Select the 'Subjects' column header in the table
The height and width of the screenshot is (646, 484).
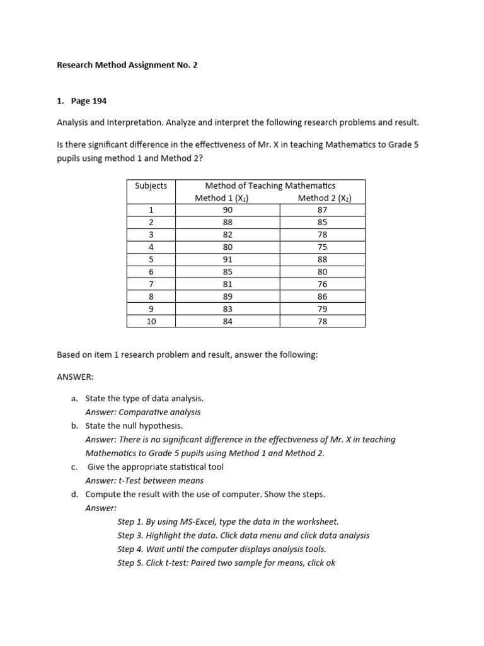151,185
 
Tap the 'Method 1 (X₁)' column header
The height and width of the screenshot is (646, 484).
222,198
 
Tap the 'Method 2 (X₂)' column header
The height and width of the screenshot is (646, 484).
324,198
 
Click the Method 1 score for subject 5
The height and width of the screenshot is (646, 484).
228,259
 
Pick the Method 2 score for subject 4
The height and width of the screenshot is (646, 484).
323,247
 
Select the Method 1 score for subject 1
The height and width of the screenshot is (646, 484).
228,210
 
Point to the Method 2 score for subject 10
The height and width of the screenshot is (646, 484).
323,321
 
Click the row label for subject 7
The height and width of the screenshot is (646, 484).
151,284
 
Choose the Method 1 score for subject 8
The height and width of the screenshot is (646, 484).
228,297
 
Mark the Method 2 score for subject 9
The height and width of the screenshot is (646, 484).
323,308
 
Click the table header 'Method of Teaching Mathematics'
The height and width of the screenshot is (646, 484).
270,185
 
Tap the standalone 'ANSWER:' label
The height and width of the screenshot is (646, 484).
75,377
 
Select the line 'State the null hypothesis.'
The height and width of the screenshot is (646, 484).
134,426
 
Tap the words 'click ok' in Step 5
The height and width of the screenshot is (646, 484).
321,563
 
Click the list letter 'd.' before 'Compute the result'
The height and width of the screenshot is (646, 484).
75,494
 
